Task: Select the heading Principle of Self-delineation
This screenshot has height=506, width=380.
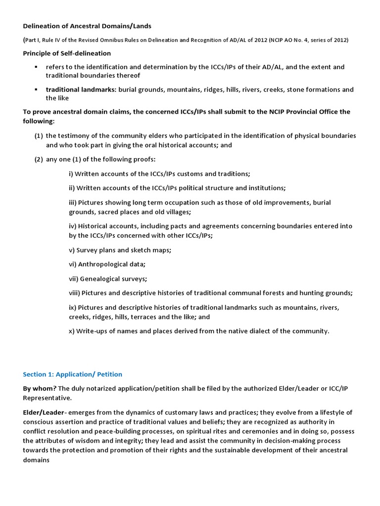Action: (x=67, y=53)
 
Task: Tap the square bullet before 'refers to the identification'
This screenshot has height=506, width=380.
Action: (x=36, y=67)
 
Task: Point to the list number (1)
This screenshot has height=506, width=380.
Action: (x=39, y=136)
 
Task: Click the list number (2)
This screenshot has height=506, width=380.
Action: (x=39, y=159)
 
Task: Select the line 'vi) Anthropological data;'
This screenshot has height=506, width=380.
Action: (x=107, y=264)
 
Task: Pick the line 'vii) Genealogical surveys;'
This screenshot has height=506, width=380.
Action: (x=108, y=279)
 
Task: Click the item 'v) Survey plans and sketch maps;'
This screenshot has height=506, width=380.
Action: (x=120, y=250)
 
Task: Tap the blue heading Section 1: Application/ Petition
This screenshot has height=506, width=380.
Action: (x=72, y=374)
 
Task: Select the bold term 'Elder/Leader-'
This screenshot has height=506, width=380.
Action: (x=44, y=412)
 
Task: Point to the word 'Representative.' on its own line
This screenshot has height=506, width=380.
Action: (x=47, y=398)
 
